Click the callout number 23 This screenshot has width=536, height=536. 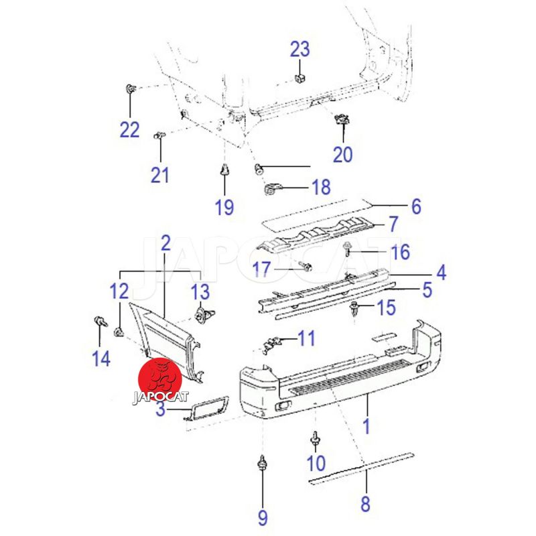299,49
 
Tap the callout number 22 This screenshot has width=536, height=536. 129,130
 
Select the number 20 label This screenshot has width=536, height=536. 342,154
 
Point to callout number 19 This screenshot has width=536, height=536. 224,207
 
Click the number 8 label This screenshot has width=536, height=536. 365,504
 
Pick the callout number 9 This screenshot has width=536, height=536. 263,518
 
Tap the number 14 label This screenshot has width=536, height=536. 102,358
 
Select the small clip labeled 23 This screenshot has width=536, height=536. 299,78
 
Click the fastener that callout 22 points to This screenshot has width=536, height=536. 130,89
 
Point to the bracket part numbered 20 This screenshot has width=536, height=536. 342,120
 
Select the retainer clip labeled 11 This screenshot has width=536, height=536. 271,344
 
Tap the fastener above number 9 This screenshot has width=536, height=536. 262,464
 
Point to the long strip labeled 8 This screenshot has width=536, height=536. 361,468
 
